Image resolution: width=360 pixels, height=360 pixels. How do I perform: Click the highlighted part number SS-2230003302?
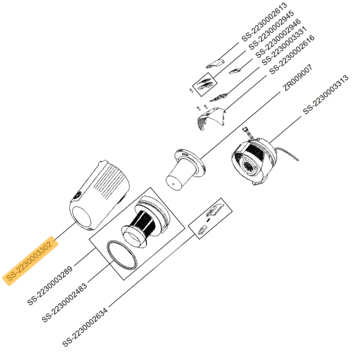pos(30,261)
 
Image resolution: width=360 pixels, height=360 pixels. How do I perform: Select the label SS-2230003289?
pos(50,285)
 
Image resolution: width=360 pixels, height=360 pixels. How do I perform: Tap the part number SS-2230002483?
pos(64,302)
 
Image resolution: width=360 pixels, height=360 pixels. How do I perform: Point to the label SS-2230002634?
pos(85,327)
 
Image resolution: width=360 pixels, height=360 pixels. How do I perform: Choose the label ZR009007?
pos(297,77)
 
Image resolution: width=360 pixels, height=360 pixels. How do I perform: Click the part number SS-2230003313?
pos(325,94)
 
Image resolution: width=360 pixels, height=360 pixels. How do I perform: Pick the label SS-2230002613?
pos(265,22)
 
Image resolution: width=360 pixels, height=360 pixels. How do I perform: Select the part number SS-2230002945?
pos(271,30)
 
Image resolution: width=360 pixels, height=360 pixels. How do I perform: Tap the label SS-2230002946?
pos(278,38)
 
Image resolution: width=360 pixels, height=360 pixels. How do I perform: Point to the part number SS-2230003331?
pos(285,46)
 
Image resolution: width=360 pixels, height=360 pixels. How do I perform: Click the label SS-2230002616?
pos(292,54)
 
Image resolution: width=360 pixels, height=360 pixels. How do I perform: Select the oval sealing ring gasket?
pos(122,254)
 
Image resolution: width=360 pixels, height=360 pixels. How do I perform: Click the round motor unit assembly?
pos(254,161)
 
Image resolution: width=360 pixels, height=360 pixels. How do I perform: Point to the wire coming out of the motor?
pos(288,154)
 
